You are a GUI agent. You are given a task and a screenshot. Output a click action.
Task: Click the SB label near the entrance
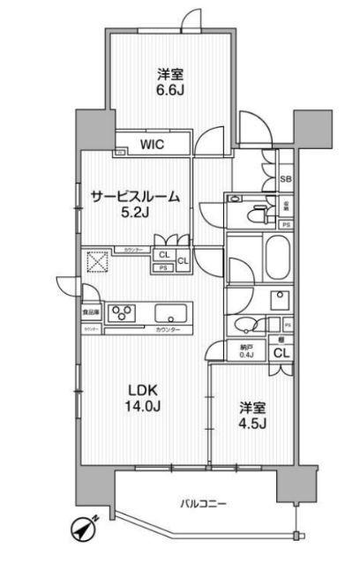click(x=285, y=179)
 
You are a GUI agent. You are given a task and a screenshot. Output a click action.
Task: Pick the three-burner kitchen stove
click(x=122, y=312)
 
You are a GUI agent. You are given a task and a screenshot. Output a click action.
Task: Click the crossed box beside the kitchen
click(x=96, y=263)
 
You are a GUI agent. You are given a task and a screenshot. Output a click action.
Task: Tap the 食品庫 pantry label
click(x=91, y=312)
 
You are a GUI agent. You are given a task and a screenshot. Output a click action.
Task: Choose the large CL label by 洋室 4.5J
click(x=281, y=353)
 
